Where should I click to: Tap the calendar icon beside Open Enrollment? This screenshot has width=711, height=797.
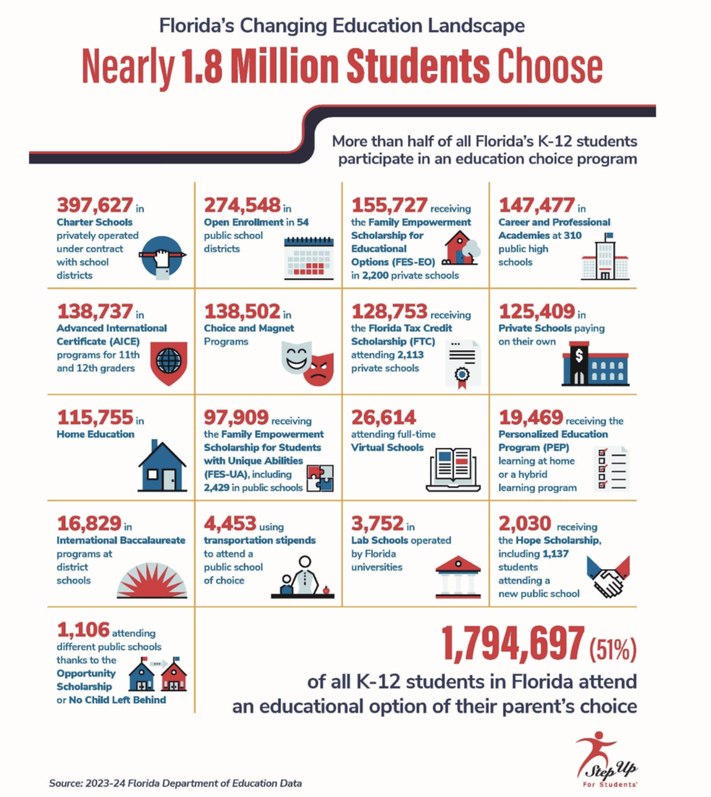pos(310,258)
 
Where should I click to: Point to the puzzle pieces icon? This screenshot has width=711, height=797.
pos(321,479)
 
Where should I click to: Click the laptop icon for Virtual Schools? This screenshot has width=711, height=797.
pos(453,469)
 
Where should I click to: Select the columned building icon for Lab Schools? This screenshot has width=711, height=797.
pos(458,575)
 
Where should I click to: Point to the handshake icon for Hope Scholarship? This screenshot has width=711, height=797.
pos(606,575)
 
